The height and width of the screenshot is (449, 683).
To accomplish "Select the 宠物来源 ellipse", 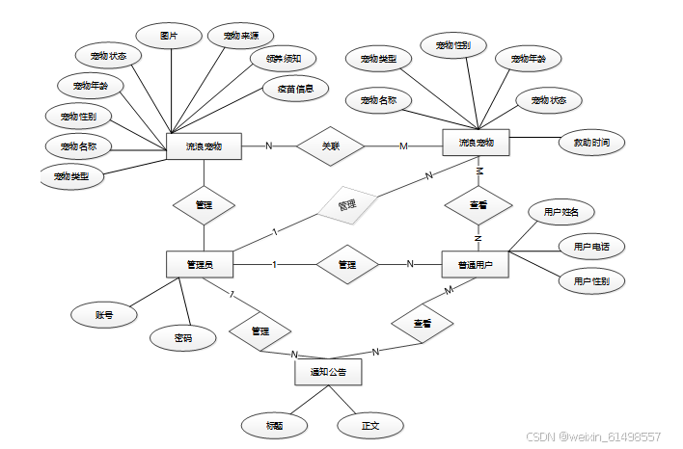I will (x=239, y=37).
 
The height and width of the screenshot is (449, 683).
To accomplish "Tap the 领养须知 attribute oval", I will (x=277, y=60).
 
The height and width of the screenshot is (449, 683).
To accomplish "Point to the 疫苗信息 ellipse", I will (x=295, y=90).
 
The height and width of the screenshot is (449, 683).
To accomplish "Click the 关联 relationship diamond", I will (x=331, y=146).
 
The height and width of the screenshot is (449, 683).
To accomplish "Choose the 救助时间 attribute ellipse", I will (x=592, y=143).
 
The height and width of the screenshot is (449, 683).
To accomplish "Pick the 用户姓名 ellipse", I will (x=560, y=212).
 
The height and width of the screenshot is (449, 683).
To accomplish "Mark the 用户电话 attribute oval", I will (x=591, y=247).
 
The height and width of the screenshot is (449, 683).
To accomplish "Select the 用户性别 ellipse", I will (x=591, y=281).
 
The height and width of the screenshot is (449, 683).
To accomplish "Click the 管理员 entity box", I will (x=202, y=264).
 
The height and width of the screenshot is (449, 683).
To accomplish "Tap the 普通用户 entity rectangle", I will (x=475, y=264).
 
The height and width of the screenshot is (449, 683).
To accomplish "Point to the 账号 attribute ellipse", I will (x=103, y=314).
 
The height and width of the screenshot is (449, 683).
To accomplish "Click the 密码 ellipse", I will (x=183, y=337).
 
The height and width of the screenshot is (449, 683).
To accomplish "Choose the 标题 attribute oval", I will (x=274, y=424).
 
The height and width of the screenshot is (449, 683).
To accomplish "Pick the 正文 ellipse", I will (x=369, y=424).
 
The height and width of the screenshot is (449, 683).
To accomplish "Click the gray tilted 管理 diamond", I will (x=346, y=205).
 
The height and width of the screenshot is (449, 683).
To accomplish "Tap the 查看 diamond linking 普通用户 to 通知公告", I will (x=422, y=323).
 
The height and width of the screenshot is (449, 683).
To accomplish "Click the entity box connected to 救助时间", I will (x=475, y=144).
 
